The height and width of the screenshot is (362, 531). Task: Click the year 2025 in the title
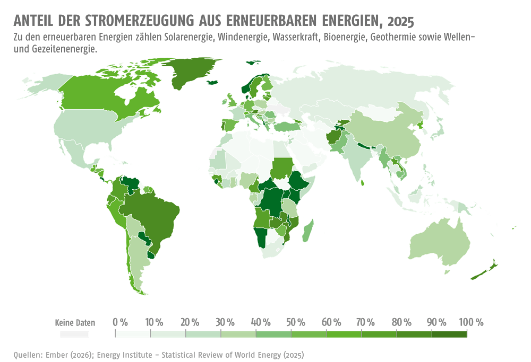[400, 21]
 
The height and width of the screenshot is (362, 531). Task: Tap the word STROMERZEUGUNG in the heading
[139, 21]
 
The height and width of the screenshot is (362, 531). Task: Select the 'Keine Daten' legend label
[75, 322]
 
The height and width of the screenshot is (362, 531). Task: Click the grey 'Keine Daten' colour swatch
[74, 334]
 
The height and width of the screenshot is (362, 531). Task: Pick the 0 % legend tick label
[120, 322]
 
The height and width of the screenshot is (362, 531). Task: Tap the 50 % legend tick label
[296, 322]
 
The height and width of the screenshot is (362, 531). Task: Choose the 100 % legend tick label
[471, 322]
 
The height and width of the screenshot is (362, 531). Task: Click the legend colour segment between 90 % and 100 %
[449, 334]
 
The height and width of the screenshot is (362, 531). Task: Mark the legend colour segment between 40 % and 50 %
[273, 334]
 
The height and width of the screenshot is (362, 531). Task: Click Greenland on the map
[191, 72]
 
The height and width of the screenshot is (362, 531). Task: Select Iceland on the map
[212, 82]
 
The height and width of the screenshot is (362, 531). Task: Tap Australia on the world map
[440, 242]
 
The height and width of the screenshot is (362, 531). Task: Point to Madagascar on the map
[307, 231]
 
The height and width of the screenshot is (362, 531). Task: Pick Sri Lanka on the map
[362, 183]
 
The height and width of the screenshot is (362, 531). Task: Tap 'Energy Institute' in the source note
[125, 355]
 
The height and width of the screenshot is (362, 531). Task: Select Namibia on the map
[261, 236]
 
